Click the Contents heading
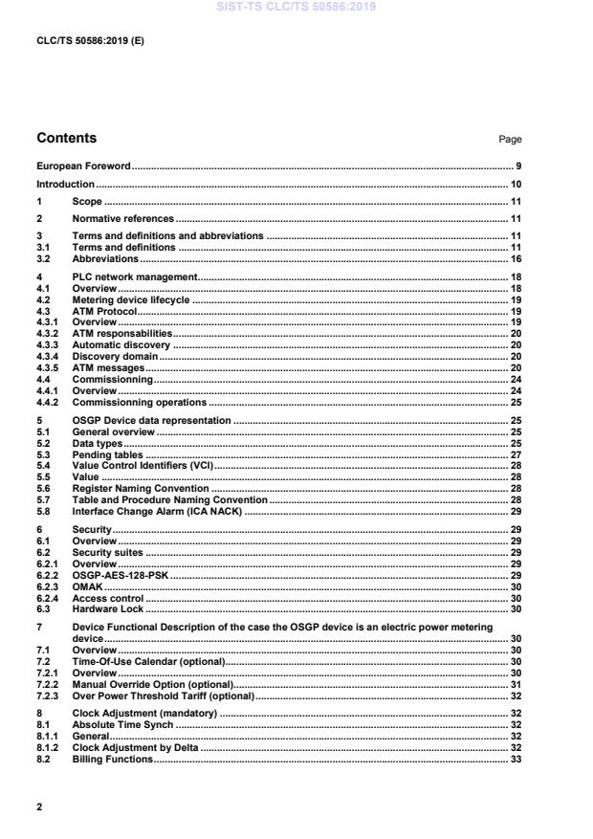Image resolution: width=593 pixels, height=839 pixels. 66,138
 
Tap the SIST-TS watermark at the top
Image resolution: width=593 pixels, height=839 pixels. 296,7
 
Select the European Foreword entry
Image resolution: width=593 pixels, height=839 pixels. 83,166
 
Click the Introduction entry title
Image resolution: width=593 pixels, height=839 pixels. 65,184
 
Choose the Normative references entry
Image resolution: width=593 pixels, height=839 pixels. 122,219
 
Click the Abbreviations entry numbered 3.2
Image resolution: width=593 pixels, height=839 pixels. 105,258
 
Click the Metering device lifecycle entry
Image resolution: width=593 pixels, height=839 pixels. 131,299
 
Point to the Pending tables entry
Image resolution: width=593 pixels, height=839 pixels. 108,454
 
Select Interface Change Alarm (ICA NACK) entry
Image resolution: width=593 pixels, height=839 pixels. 157,512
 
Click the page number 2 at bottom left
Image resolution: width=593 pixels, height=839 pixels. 39,807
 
